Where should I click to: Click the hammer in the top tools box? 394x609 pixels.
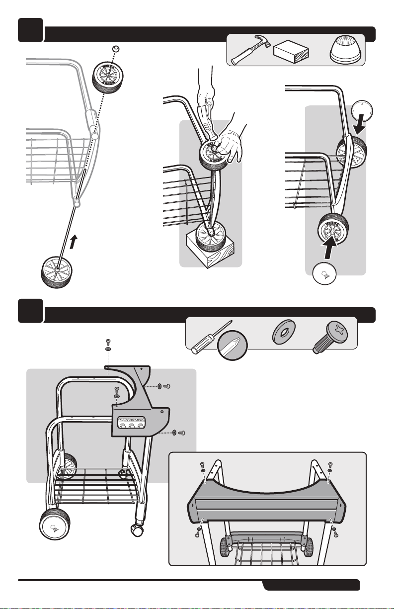click(249, 50)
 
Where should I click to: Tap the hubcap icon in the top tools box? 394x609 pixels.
click(347, 49)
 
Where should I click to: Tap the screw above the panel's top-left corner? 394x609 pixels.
click(108, 342)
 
